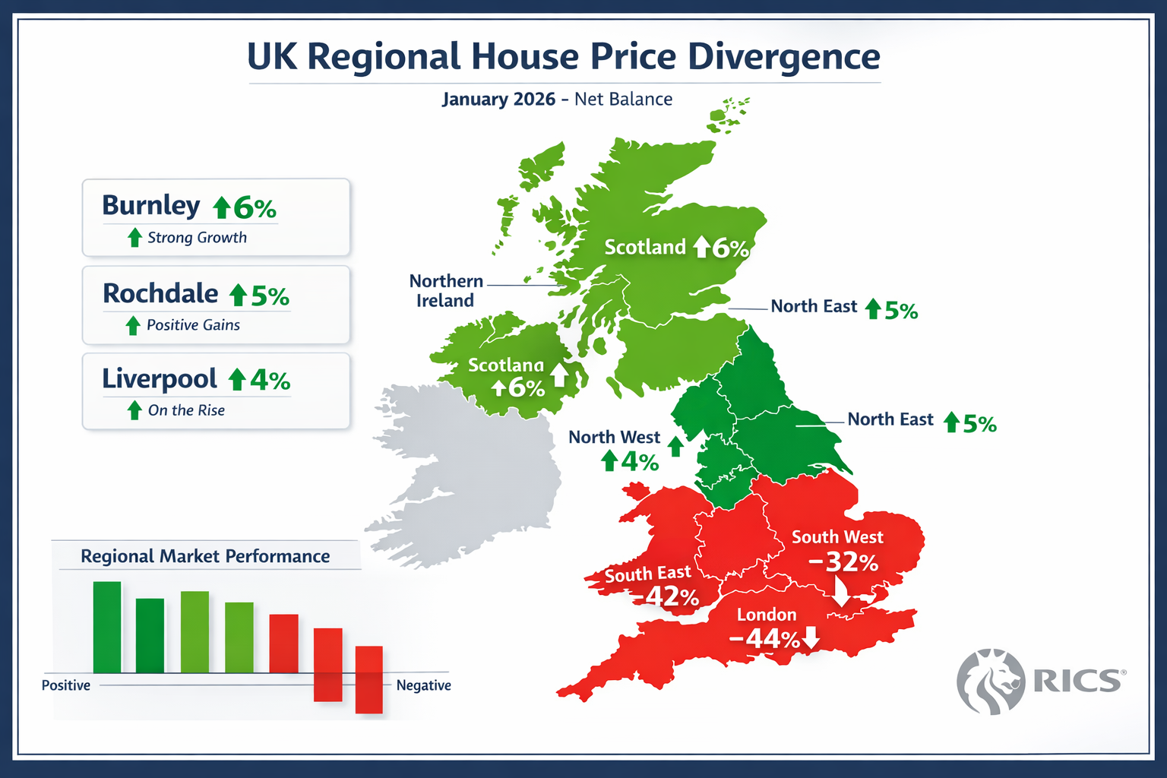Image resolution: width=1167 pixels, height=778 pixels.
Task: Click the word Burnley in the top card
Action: click(x=150, y=206)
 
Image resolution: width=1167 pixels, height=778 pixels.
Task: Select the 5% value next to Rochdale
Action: click(x=270, y=296)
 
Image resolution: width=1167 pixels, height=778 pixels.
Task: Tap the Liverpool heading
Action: click(x=160, y=379)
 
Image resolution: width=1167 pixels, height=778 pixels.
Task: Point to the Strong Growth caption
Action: click(x=197, y=238)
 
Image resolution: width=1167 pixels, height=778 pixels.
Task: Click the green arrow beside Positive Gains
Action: click(x=133, y=325)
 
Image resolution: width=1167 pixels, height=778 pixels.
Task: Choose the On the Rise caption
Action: click(x=186, y=410)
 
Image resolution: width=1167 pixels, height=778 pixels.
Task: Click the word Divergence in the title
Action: click(x=783, y=57)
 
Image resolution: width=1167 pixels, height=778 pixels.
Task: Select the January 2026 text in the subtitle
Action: click(x=498, y=100)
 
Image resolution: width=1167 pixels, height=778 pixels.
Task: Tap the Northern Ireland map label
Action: click(x=446, y=291)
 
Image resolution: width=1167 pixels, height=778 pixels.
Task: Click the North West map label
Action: click(x=614, y=438)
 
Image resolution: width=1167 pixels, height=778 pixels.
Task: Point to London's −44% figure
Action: click(x=764, y=639)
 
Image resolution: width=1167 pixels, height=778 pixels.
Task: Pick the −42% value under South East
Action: click(x=672, y=596)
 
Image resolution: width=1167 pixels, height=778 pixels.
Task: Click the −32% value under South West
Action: click(x=843, y=562)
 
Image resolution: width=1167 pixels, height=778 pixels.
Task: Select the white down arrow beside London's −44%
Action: click(x=811, y=637)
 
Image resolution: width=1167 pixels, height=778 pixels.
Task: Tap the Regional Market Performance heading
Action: click(x=205, y=556)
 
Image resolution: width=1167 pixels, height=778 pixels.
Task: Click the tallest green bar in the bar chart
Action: click(x=107, y=627)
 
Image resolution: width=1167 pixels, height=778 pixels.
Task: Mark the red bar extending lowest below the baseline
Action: click(x=369, y=679)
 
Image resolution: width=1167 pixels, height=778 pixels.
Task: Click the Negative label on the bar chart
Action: click(x=423, y=685)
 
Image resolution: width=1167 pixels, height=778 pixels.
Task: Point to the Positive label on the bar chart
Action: click(x=66, y=685)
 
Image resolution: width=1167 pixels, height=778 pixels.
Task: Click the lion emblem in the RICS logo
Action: click(x=991, y=682)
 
